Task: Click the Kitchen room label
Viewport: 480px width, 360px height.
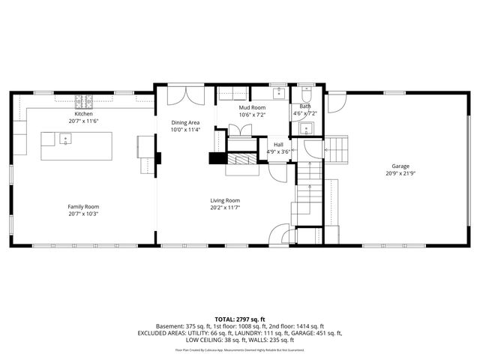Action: point(83,113)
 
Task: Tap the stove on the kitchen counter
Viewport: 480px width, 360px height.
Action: point(83,98)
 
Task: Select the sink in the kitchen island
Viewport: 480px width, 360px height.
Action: point(65,138)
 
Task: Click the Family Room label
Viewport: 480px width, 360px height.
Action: point(83,206)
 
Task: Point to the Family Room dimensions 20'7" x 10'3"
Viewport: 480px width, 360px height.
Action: point(83,214)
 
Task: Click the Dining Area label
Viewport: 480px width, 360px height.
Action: point(185,122)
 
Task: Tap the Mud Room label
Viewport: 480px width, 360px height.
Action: point(253,108)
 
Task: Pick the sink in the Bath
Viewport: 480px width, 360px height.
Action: point(305,128)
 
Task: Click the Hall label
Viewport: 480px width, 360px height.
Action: point(278,144)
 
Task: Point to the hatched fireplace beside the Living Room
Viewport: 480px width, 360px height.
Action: point(241,159)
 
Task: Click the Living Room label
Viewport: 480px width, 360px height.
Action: point(224,200)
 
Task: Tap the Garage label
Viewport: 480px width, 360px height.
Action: point(400,166)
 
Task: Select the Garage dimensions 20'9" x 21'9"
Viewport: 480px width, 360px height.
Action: point(400,173)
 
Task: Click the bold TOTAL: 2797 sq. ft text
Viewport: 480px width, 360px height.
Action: point(240,319)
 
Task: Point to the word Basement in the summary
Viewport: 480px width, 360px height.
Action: point(169,326)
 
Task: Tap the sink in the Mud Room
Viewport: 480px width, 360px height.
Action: point(278,94)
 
